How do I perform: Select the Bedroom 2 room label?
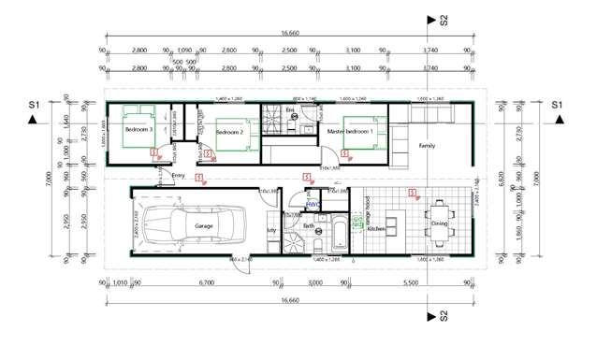(x=229, y=133)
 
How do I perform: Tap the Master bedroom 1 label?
(x=350, y=132)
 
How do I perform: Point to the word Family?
(x=427, y=146)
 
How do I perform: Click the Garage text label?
(x=204, y=226)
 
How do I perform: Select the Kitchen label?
(x=376, y=229)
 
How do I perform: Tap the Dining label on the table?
(x=440, y=223)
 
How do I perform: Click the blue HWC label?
(x=313, y=204)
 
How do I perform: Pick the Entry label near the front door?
(x=178, y=175)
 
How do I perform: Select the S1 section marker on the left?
(x=33, y=105)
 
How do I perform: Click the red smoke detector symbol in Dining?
(x=412, y=194)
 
